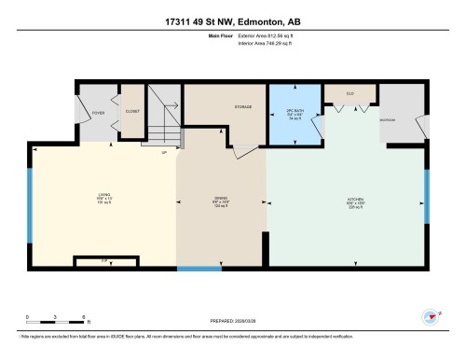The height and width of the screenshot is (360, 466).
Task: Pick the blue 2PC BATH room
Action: (x=295, y=116)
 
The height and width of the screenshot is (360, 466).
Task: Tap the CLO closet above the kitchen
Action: (x=349, y=93)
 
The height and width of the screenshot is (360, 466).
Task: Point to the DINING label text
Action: (x=222, y=198)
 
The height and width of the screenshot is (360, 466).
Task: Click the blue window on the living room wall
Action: (x=31, y=204)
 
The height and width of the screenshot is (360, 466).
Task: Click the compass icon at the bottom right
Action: (x=431, y=317)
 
